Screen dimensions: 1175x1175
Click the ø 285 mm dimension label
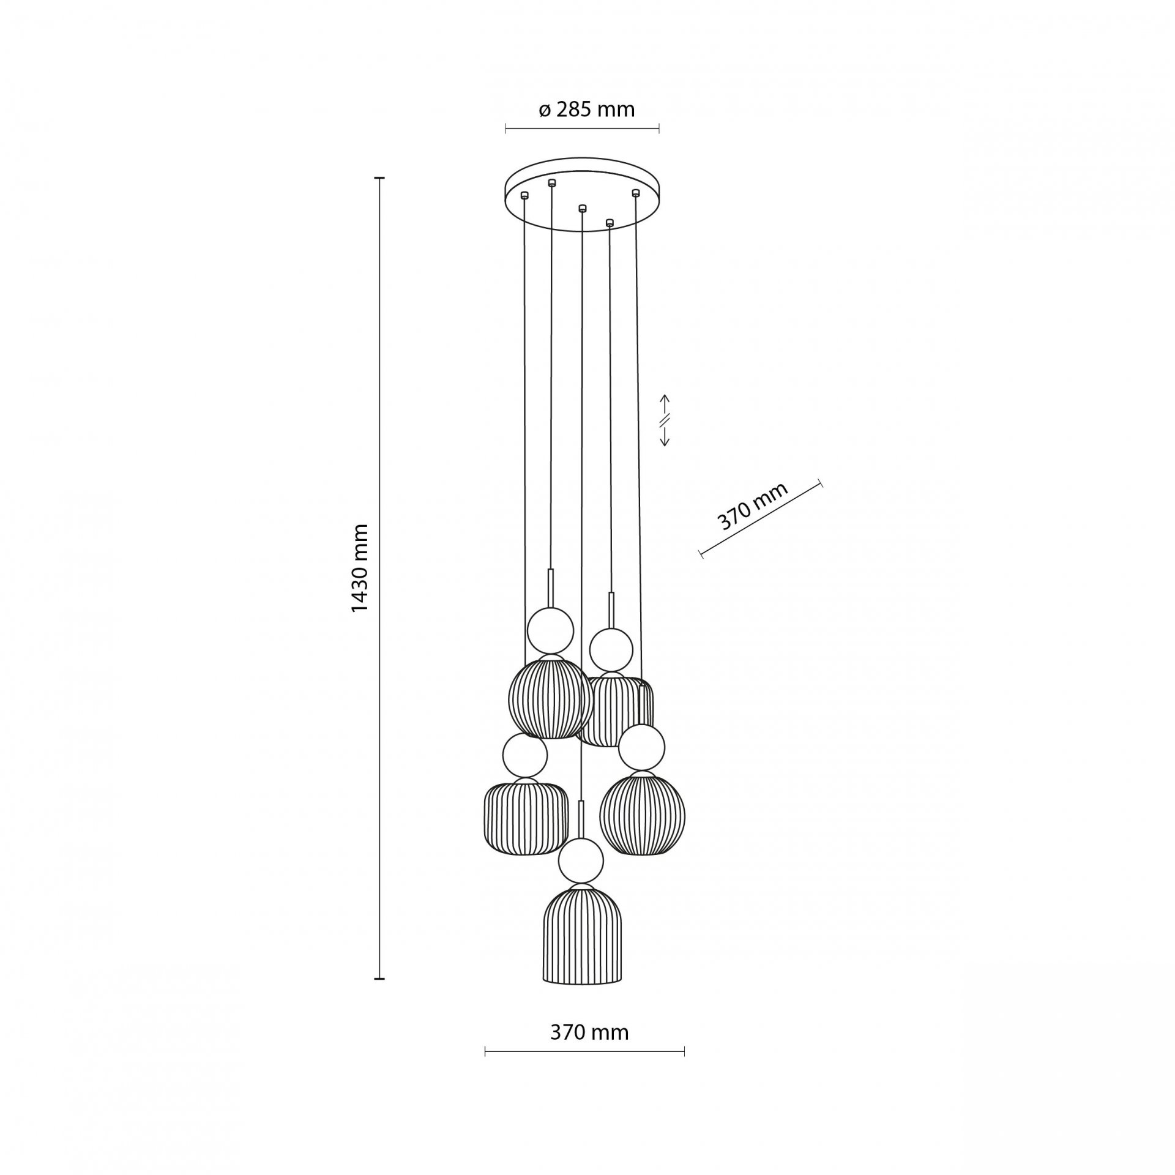click(x=586, y=110)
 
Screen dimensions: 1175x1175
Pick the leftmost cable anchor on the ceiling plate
click(x=524, y=195)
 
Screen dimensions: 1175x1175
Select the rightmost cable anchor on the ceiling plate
click(x=635, y=193)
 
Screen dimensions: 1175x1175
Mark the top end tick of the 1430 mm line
click(x=379, y=178)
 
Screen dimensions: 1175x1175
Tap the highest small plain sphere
click(x=551, y=631)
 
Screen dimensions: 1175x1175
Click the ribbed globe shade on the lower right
click(x=642, y=815)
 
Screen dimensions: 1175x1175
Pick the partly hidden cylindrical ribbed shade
click(x=615, y=710)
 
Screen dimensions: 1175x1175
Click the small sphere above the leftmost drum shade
click(x=524, y=756)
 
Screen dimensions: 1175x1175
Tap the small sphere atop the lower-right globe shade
click(x=641, y=747)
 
